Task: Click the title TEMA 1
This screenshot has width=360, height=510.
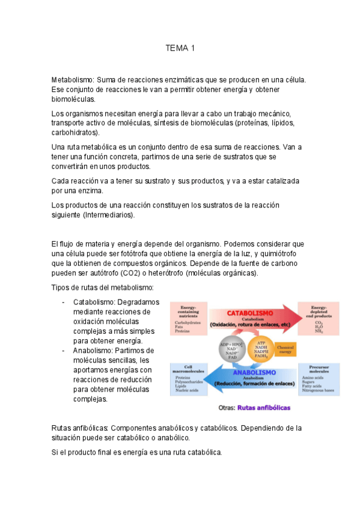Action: pyautogui.click(x=180, y=48)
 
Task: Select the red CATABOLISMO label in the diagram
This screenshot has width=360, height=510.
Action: pyautogui.click(x=250, y=313)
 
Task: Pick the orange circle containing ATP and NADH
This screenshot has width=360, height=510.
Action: pyautogui.click(x=261, y=348)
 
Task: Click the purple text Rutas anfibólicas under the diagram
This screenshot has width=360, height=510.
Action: pyautogui.click(x=265, y=407)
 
